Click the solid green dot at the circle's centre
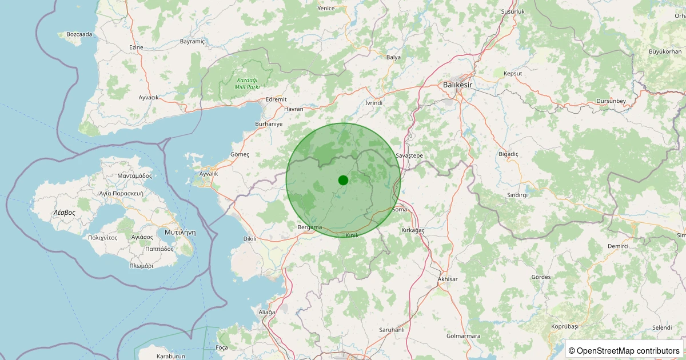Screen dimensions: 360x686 (x=343, y=180)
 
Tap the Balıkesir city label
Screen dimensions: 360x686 (x=458, y=85)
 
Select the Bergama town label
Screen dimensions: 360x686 (x=310, y=227)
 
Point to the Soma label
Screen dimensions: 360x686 (x=400, y=210)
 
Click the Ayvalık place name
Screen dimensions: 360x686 (x=209, y=173)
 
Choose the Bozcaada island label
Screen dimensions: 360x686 (x=79, y=34)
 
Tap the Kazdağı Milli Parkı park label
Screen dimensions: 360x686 (x=248, y=83)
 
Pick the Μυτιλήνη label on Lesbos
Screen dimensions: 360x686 (x=180, y=233)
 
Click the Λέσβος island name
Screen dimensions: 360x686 (x=64, y=212)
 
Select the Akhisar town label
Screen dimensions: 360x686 (x=447, y=279)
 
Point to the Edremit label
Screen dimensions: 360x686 (x=276, y=99)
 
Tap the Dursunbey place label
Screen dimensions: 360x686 (x=611, y=101)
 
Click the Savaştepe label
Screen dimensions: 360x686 (x=409, y=155)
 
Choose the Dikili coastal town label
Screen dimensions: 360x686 (x=250, y=239)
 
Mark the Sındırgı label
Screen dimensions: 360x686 (x=517, y=195)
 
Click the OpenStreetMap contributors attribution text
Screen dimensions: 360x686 (x=625, y=350)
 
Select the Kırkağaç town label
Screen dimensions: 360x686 (x=413, y=229)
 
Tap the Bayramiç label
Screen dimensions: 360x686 (x=192, y=42)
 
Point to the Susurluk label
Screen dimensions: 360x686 (x=496, y=11)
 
